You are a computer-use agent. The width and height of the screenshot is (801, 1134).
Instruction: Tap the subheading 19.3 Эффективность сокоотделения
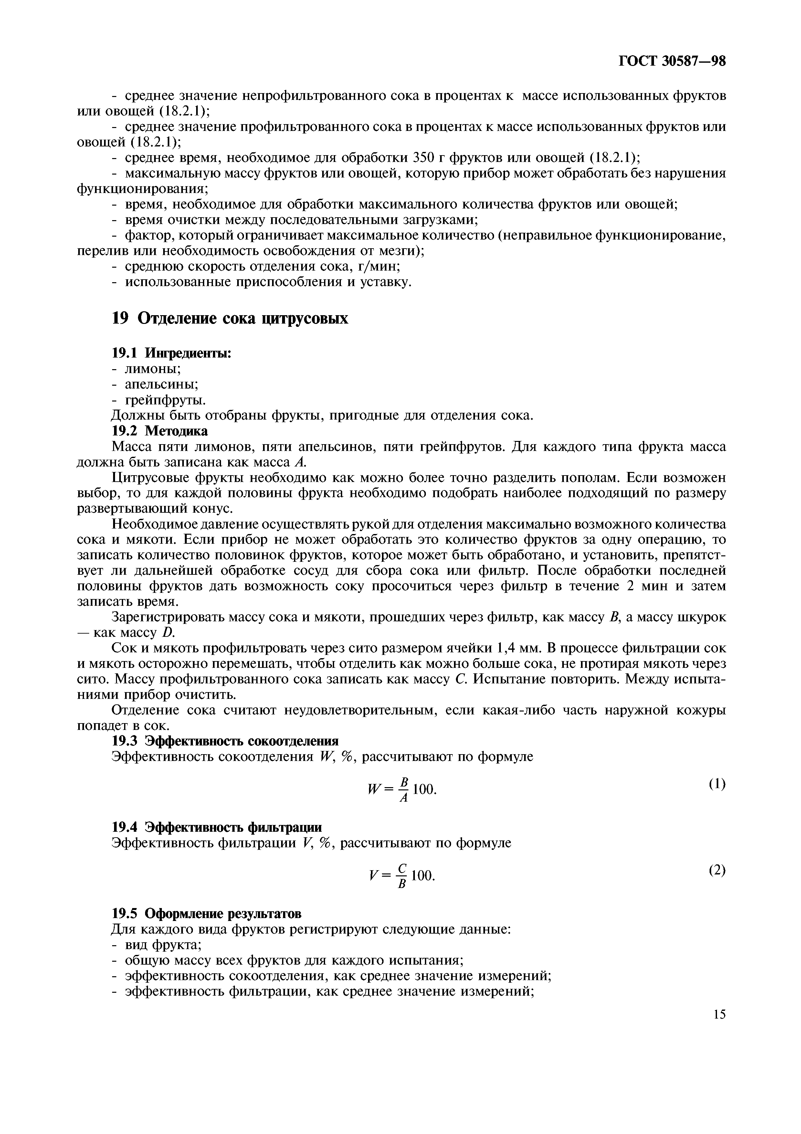(226, 741)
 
